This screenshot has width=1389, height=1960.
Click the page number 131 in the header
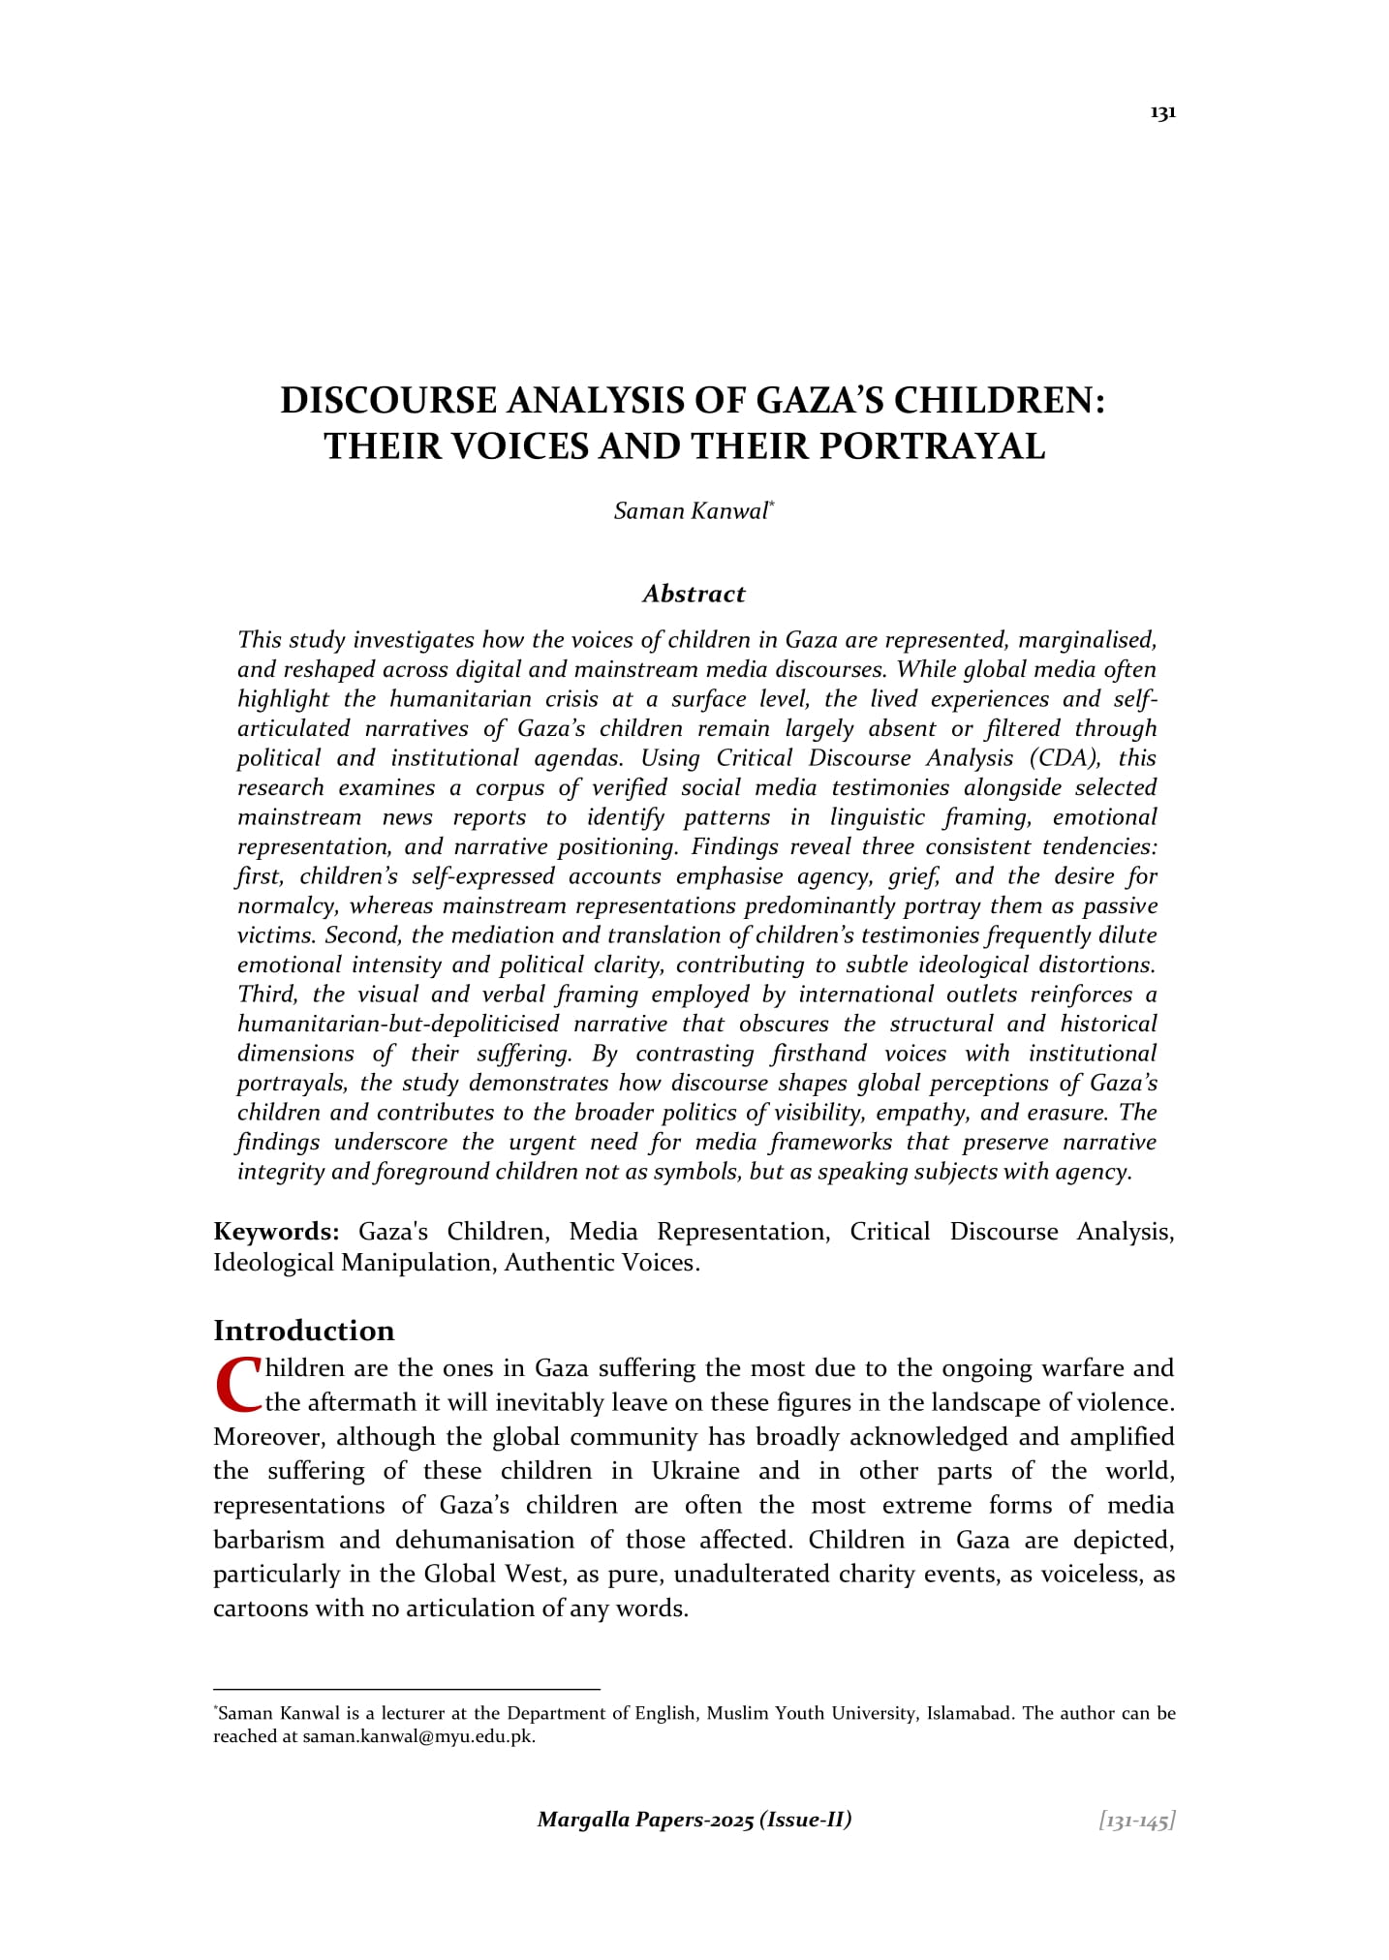[x=1162, y=113]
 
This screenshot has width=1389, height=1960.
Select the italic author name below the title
[x=692, y=511]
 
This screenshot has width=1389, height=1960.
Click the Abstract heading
[x=694, y=594]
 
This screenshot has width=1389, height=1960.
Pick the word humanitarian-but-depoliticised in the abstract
[x=398, y=1024]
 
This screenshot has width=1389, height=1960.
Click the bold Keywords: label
[x=276, y=1232]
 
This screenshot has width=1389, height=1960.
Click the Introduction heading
[x=304, y=1331]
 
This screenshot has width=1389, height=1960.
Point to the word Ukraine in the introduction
[x=695, y=1471]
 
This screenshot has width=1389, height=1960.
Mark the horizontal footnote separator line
[x=407, y=1690]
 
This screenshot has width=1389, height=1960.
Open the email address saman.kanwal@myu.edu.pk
[x=418, y=1736]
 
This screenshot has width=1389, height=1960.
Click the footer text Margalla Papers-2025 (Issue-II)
[x=694, y=1820]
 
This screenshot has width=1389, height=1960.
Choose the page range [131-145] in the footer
[x=1136, y=1821]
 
